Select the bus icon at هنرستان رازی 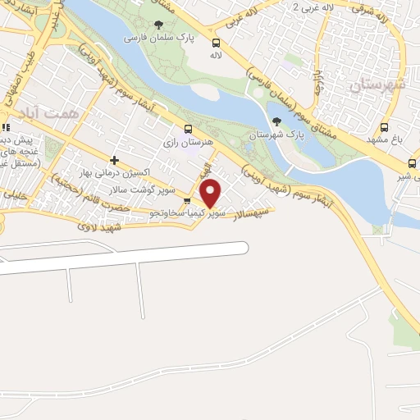[x=188, y=130]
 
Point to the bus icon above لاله [x=216, y=43]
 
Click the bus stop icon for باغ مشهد [x=384, y=128]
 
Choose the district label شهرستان [x=378, y=84]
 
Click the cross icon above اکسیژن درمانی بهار [x=114, y=160]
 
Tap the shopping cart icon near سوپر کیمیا [x=187, y=201]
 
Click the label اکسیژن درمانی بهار [x=114, y=174]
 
